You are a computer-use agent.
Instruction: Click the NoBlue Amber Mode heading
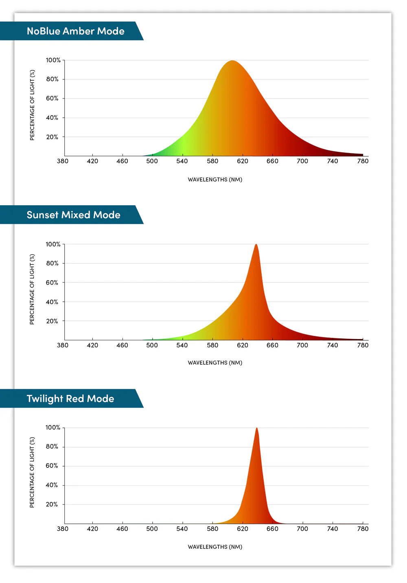click(76, 31)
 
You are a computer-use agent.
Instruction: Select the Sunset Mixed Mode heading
click(74, 215)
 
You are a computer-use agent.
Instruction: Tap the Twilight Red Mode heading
click(70, 399)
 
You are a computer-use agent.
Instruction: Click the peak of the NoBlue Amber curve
click(232, 61)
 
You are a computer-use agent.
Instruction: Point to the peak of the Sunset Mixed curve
click(256, 244)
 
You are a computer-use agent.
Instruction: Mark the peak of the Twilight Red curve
click(257, 428)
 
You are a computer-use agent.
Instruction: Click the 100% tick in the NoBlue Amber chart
click(53, 60)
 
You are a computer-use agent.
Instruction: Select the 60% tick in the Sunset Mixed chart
click(52, 283)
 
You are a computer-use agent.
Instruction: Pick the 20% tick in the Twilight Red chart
click(52, 504)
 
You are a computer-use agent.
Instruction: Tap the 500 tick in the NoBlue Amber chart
click(152, 161)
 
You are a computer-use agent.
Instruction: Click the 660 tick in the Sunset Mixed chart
click(272, 345)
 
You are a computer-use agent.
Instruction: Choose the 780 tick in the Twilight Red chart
click(363, 529)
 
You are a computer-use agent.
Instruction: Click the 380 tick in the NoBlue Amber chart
click(63, 161)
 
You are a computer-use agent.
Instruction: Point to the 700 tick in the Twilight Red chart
click(302, 529)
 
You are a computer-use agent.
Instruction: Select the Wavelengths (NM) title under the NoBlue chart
click(215, 180)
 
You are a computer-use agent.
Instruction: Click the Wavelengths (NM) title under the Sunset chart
click(215, 363)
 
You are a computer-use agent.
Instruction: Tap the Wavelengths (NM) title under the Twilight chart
click(215, 547)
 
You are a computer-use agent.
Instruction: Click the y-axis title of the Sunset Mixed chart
click(32, 289)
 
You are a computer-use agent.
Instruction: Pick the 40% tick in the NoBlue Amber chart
click(52, 118)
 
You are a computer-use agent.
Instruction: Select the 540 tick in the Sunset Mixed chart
click(182, 345)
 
